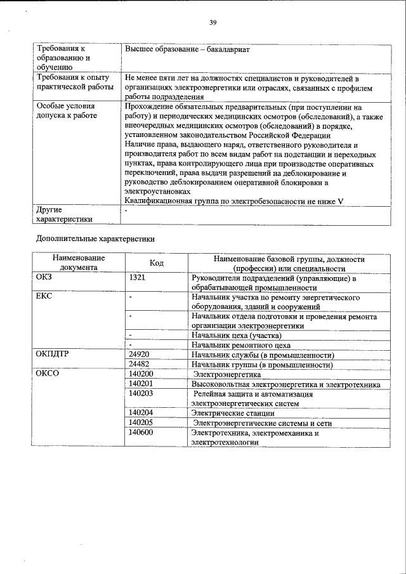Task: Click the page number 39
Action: tap(213, 23)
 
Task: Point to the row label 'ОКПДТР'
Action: tap(52, 355)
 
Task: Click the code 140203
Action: tap(140, 394)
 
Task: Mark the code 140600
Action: tap(140, 433)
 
